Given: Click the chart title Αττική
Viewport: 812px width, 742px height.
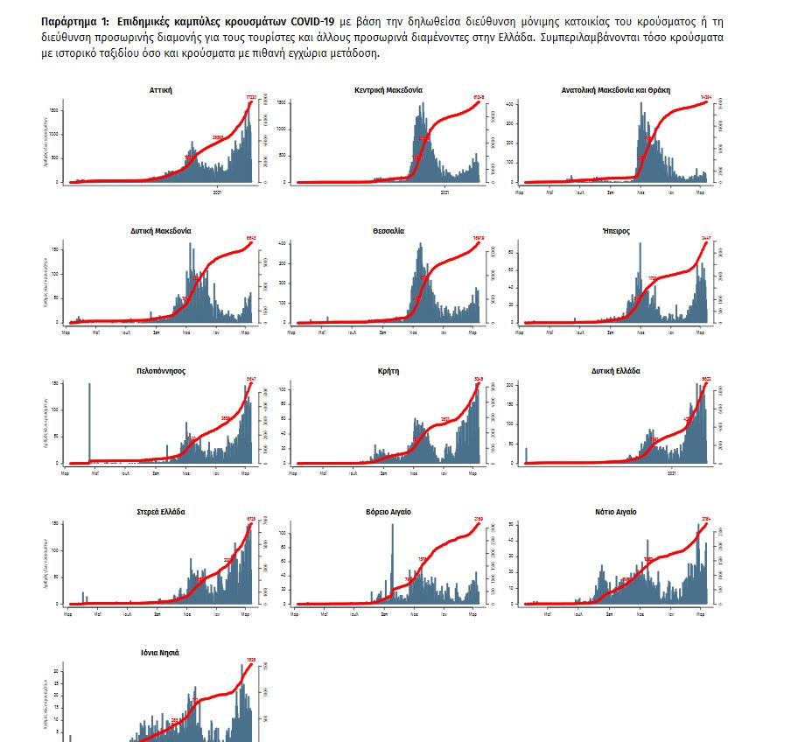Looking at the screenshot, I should pyautogui.click(x=162, y=90).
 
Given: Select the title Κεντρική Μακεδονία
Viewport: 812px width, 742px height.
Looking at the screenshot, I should pyautogui.click(x=388, y=90).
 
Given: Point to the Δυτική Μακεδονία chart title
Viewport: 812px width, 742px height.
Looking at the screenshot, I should pyautogui.click(x=161, y=231).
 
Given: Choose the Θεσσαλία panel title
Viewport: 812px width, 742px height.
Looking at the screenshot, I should pyautogui.click(x=388, y=231).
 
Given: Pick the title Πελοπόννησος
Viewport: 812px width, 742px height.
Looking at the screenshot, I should pyautogui.click(x=161, y=371).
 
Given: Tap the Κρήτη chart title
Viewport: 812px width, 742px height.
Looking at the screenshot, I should pyautogui.click(x=388, y=371).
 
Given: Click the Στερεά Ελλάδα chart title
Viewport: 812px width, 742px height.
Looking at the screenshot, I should pyautogui.click(x=161, y=512).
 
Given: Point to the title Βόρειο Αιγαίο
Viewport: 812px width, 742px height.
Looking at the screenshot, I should pyautogui.click(x=388, y=512).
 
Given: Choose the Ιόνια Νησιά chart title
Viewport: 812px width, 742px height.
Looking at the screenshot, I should pyautogui.click(x=161, y=653).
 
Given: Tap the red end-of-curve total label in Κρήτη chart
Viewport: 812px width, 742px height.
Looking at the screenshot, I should pyautogui.click(x=479, y=379).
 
